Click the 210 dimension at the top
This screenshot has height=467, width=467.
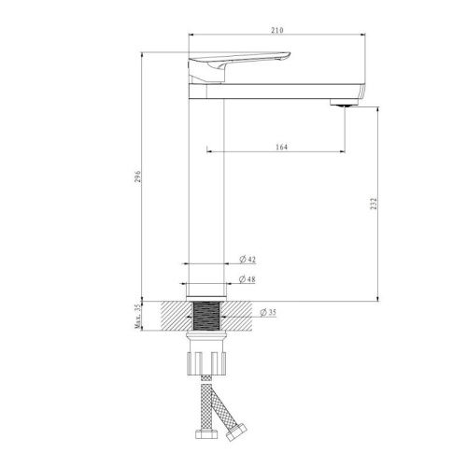coord(277,31)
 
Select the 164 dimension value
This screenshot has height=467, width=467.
coord(281,147)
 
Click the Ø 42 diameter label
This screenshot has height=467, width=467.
coord(248,259)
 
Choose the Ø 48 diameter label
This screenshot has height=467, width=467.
coord(248,279)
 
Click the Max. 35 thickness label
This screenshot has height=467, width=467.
coord(135,318)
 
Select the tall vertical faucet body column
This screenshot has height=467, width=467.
coord(207,187)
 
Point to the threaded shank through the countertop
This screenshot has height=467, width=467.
coord(207,314)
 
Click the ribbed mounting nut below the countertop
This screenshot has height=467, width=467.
coord(207,359)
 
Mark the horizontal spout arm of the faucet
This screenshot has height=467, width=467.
coord(280,91)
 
